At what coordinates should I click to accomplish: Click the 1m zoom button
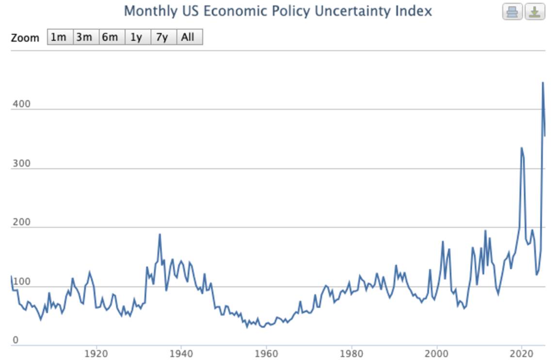pos(60,37)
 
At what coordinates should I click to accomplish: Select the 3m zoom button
pos(86,37)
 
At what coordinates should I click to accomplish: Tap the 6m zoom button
pos(112,37)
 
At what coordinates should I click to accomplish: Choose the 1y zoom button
pos(138,37)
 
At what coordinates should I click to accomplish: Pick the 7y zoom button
pos(164,37)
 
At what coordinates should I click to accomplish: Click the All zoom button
pos(190,37)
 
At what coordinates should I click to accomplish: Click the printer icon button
pos(512,12)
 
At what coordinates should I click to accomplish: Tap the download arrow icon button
pos(535,12)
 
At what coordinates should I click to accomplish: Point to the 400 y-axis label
pos(21,104)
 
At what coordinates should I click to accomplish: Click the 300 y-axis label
pos(21,163)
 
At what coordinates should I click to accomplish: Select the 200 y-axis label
pos(21,222)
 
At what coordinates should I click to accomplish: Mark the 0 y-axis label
pos(16,340)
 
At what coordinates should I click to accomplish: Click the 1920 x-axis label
pos(96,354)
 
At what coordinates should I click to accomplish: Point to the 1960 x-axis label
pos(266,354)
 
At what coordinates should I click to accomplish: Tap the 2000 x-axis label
pos(436,354)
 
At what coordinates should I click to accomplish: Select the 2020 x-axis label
pos(521,354)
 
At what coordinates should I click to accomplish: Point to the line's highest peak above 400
pos(543,83)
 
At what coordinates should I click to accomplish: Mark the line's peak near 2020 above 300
pos(521,148)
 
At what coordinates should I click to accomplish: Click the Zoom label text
pos(25,37)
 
